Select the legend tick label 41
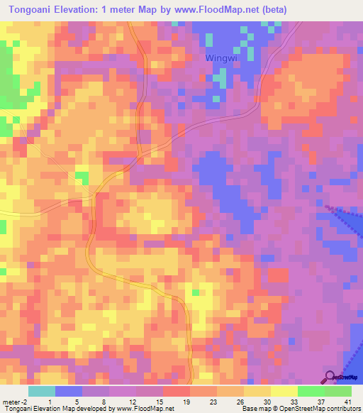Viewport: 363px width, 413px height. [x=347, y=401]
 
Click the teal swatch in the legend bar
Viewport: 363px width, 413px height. [x=42, y=391]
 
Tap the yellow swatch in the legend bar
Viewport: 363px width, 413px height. [x=284, y=391]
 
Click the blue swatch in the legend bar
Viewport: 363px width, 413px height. [x=69, y=391]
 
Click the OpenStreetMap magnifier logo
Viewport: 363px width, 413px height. [x=330, y=376]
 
